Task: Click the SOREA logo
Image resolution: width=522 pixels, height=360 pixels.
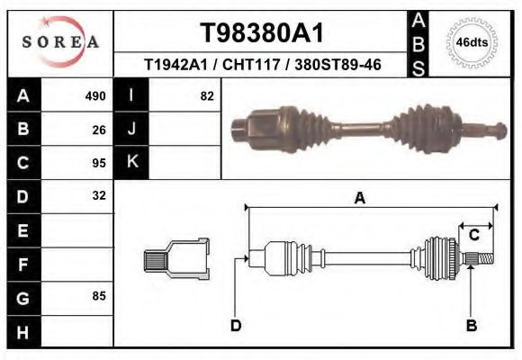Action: pyautogui.click(x=59, y=42)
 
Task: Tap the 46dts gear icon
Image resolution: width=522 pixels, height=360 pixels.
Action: pyautogui.click(x=472, y=42)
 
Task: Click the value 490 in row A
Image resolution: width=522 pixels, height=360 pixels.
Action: pyautogui.click(x=95, y=96)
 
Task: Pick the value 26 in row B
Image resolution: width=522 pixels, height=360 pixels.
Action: pyautogui.click(x=99, y=130)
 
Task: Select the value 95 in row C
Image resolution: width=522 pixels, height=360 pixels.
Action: pyautogui.click(x=99, y=163)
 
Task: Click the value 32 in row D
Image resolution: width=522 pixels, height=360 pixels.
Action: pyautogui.click(x=99, y=195)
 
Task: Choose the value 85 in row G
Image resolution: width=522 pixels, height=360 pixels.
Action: pyautogui.click(x=99, y=295)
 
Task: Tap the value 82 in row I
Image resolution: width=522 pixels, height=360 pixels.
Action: pyautogui.click(x=206, y=96)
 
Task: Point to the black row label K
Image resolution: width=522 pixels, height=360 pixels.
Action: pyautogui.click(x=131, y=163)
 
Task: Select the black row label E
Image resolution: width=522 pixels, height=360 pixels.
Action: pyautogui.click(x=22, y=229)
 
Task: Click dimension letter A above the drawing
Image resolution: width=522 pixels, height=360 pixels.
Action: pyautogui.click(x=359, y=199)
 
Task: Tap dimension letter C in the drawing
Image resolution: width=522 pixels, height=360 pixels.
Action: pyautogui.click(x=473, y=236)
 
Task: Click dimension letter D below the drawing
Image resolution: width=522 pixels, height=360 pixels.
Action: pyautogui.click(x=236, y=326)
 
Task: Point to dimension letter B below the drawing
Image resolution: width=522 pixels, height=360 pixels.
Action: pyautogui.click(x=471, y=326)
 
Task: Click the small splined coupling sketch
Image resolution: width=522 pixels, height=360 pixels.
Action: pyautogui.click(x=176, y=259)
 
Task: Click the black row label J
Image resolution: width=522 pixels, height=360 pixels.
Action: pyautogui.click(x=131, y=130)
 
